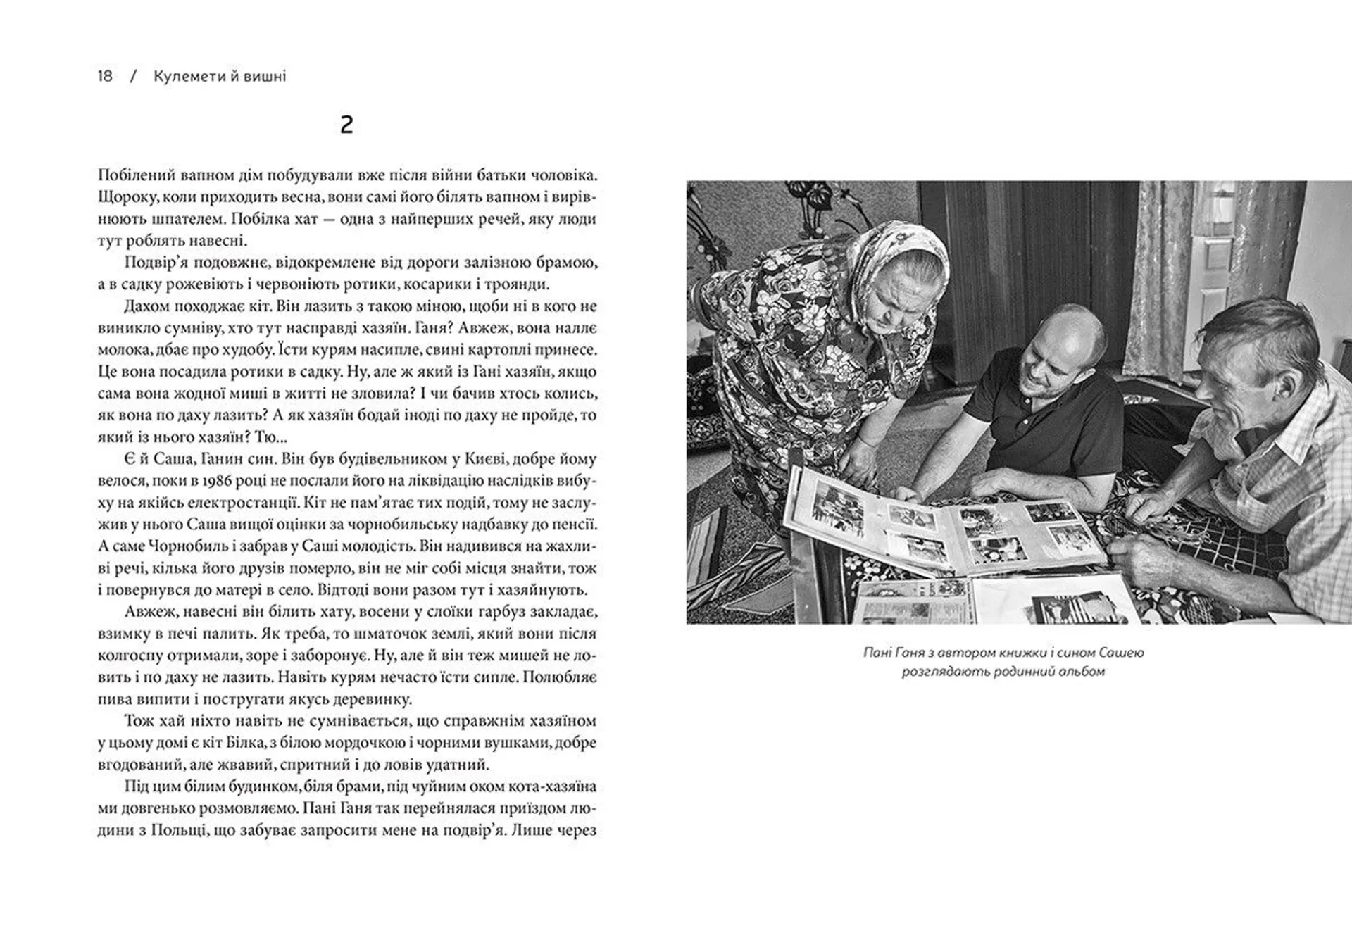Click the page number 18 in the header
(105, 76)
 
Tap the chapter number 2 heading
(346, 125)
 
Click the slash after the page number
(133, 76)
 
